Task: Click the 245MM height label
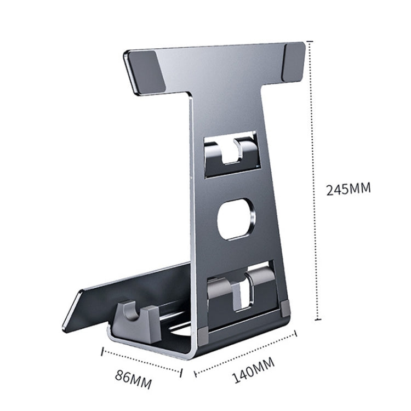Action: [348, 189]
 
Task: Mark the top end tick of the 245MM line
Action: [313, 41]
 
